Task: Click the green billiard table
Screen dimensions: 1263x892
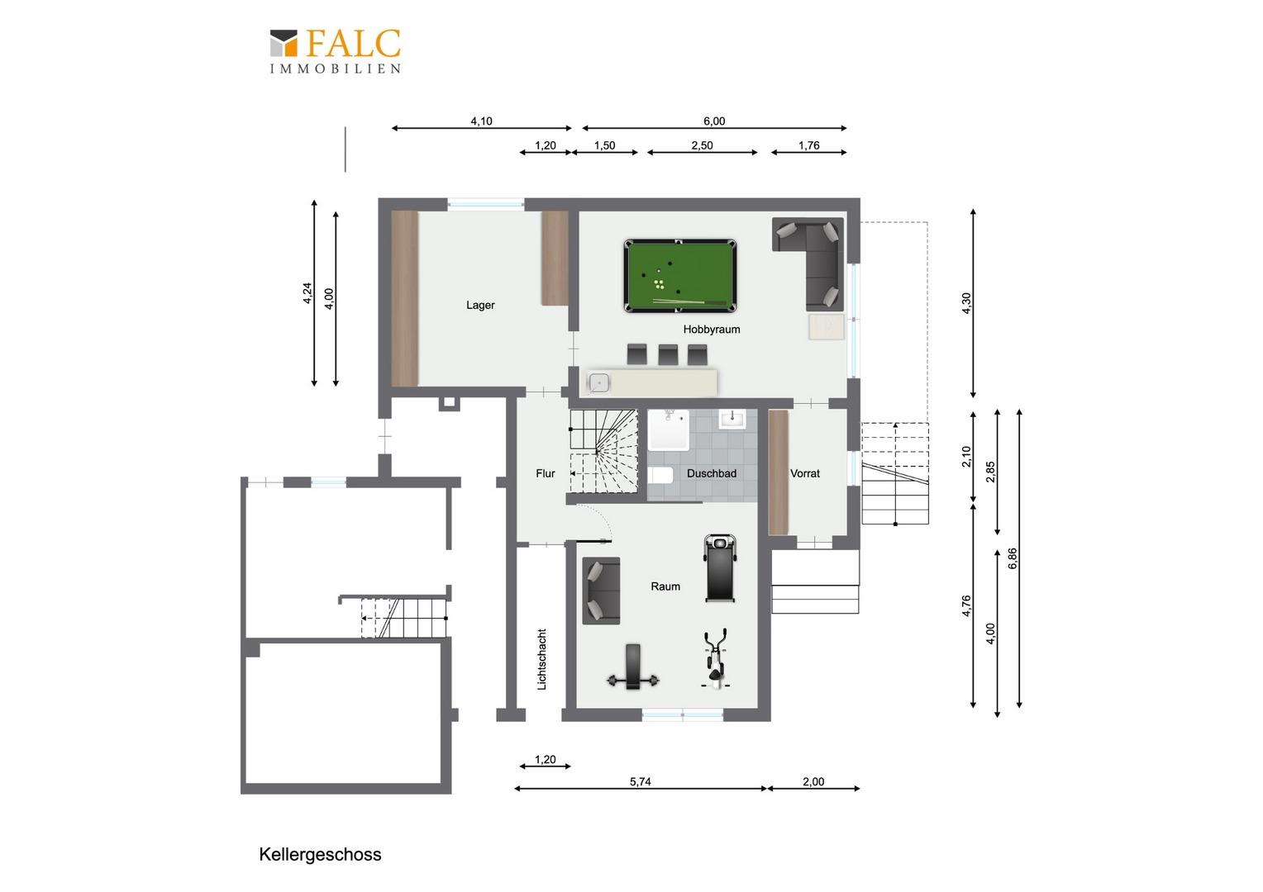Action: pos(679,276)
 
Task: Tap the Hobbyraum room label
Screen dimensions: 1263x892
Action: pos(712,329)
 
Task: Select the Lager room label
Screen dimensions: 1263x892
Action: pos(480,305)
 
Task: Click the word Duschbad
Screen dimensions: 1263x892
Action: pos(712,473)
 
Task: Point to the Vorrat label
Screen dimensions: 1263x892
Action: pos(804,473)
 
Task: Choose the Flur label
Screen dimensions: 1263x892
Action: pos(546,473)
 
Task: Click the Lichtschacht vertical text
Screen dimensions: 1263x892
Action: pos(542,659)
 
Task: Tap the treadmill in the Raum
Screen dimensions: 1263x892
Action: pos(720,568)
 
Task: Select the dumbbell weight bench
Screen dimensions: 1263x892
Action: pos(633,667)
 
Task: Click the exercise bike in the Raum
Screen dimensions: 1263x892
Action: pos(715,659)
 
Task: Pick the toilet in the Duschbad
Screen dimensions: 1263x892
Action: pos(660,476)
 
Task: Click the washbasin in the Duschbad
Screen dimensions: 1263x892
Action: pos(732,420)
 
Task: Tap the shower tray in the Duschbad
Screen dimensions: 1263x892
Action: pos(669,430)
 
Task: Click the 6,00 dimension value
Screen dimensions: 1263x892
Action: pos(714,121)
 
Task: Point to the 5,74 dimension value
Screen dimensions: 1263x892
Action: pos(640,781)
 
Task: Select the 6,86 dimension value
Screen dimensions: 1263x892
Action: pos(1013,558)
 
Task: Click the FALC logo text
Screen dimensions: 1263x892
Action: pos(354,44)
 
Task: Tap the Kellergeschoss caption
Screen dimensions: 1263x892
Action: pos(320,854)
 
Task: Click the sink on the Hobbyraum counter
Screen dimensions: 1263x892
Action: pos(598,382)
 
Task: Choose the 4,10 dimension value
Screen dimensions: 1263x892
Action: pos(482,121)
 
